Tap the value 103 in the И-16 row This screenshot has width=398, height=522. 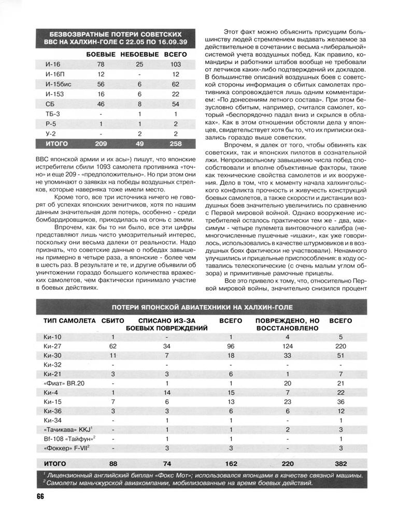[x=175, y=64]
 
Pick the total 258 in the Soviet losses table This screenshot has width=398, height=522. [x=175, y=143]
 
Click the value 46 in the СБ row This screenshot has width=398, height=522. [x=101, y=104]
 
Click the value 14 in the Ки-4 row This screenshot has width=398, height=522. [x=167, y=393]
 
